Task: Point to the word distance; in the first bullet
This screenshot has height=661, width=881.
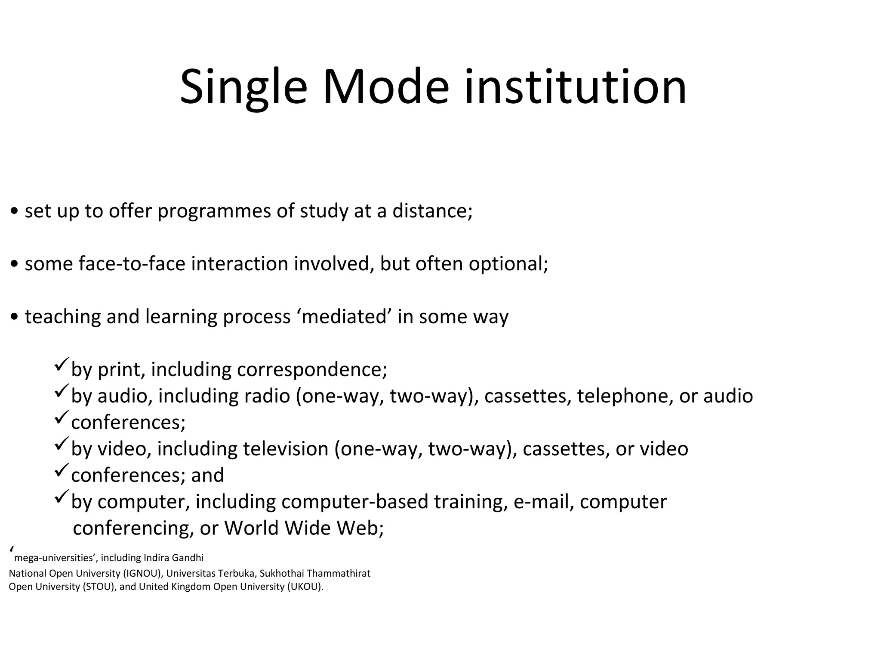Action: [432, 211]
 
